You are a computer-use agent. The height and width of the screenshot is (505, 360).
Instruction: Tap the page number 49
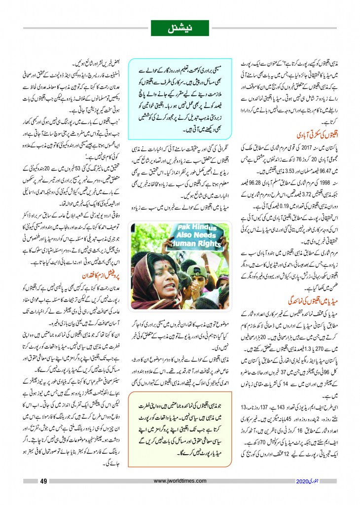[43, 482]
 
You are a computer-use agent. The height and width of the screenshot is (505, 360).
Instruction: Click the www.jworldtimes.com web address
[182, 482]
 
